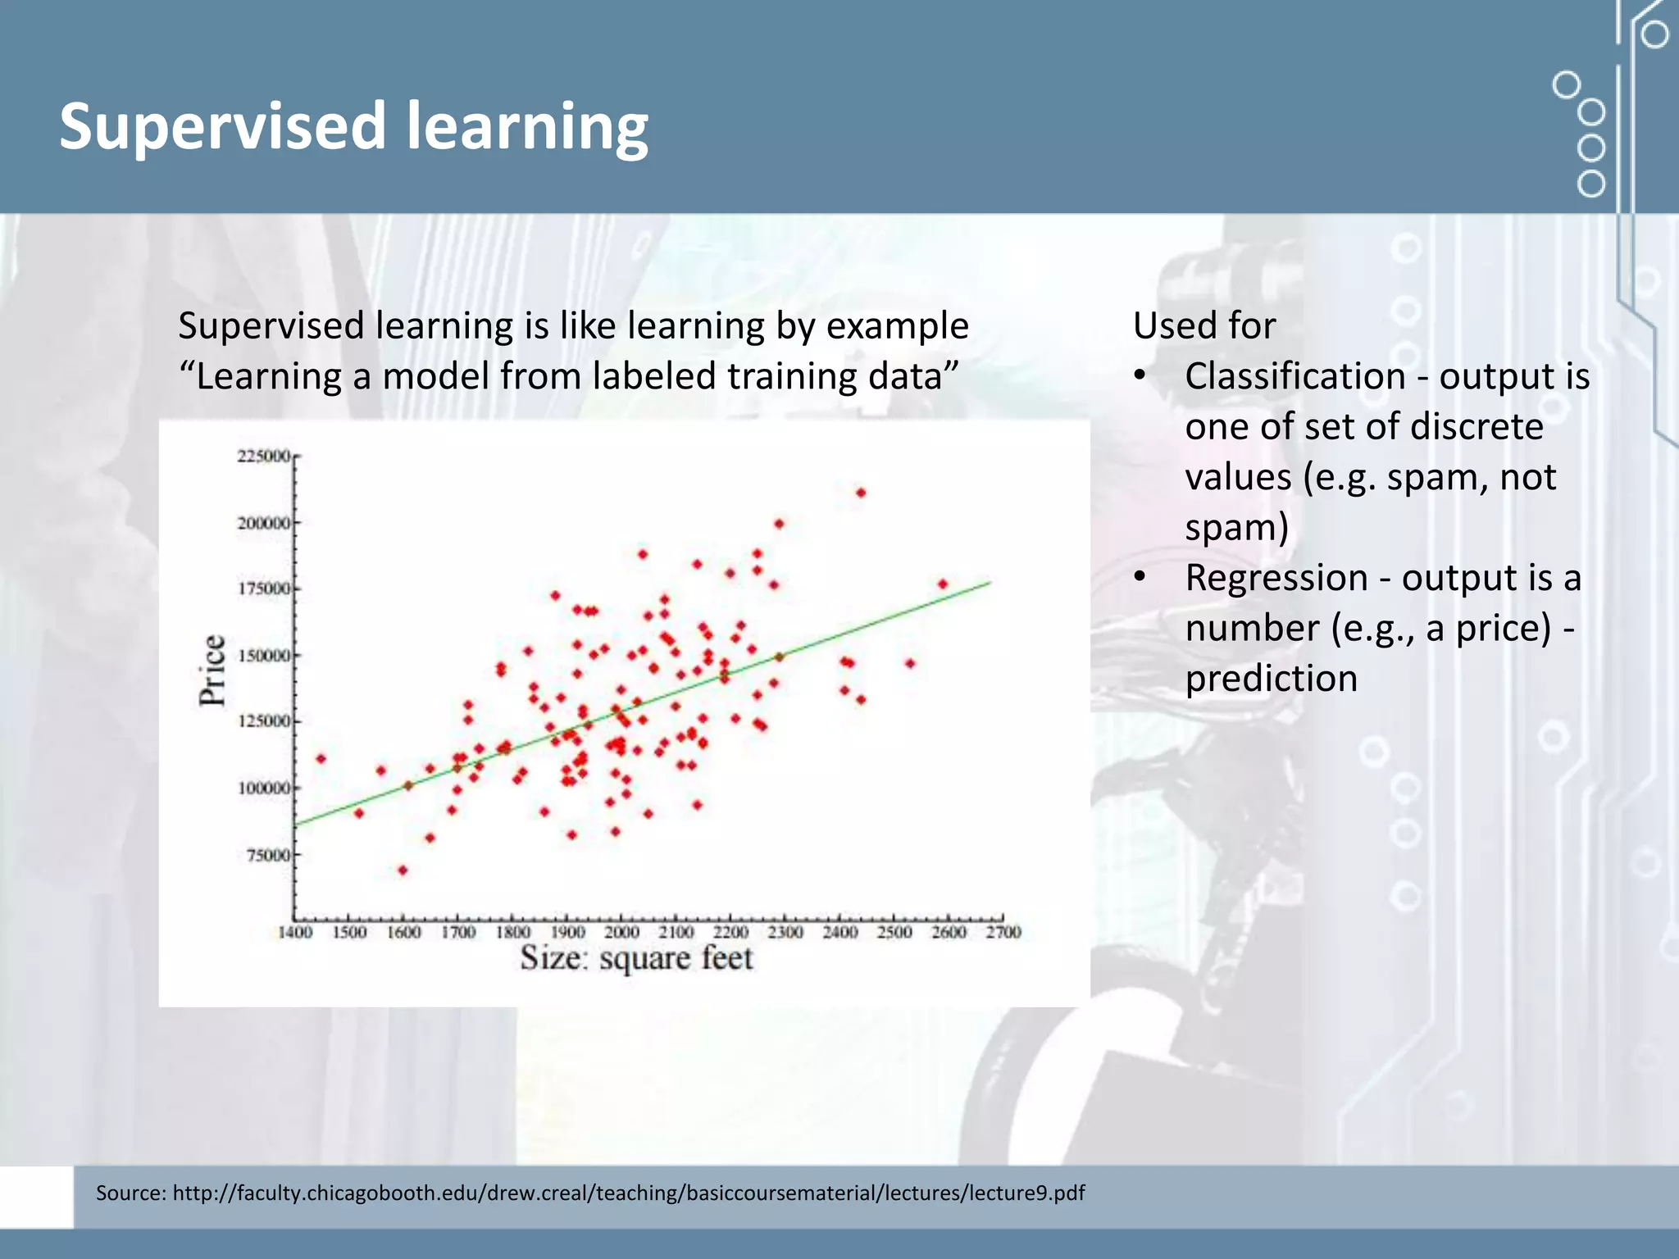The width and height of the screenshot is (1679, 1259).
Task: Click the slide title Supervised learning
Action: [353, 126]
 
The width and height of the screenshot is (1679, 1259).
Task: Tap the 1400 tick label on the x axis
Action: [295, 933]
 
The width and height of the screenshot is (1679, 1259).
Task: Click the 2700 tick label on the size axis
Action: [1003, 933]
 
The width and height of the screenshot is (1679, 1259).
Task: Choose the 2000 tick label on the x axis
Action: [621, 933]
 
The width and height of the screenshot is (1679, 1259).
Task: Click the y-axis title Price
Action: [212, 670]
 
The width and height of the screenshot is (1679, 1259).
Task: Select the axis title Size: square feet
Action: [636, 958]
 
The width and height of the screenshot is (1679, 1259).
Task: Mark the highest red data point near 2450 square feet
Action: [861, 493]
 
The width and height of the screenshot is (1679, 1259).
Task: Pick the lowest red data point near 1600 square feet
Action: [403, 870]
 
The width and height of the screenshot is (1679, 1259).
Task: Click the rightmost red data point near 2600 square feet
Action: [943, 584]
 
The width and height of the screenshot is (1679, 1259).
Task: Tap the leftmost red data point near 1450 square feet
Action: [321, 759]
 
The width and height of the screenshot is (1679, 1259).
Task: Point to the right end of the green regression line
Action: [990, 583]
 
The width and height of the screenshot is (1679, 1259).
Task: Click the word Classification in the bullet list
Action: [1295, 377]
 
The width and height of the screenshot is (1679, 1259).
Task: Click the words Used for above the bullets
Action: [1204, 326]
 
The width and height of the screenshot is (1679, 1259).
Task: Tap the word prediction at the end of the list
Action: [1271, 679]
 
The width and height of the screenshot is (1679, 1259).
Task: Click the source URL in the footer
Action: [628, 1193]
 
